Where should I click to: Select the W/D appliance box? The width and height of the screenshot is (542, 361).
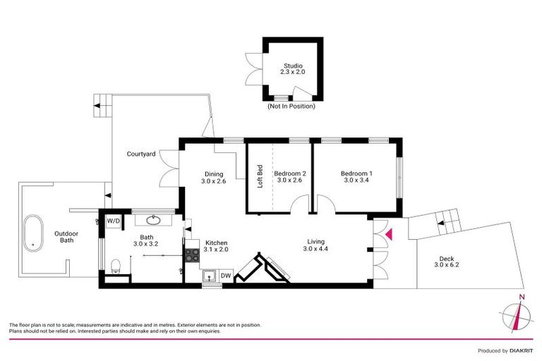tap(113, 221)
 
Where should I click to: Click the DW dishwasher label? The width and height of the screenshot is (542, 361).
tap(226, 275)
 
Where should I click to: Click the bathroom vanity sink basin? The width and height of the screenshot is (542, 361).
tap(154, 219)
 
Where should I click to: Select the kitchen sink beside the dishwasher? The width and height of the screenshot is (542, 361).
tap(209, 276)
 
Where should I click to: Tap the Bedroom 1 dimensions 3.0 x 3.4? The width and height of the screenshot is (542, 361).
tap(356, 180)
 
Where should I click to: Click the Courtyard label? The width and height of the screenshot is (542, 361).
tap(141, 154)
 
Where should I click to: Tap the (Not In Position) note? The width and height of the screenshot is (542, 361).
tap(291, 106)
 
